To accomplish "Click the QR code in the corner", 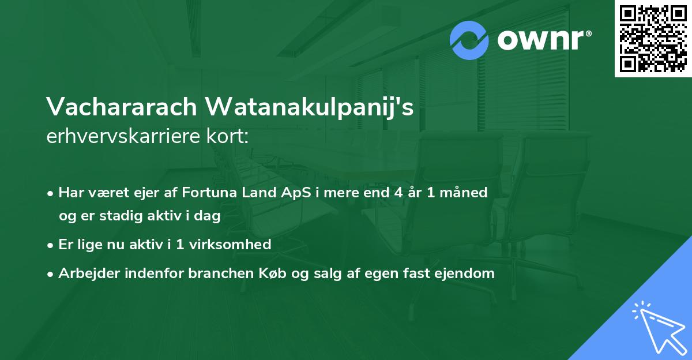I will [653, 39].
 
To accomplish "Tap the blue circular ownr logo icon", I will [469, 40].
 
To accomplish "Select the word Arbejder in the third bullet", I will [84, 273].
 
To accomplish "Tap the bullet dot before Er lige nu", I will [51, 245].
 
